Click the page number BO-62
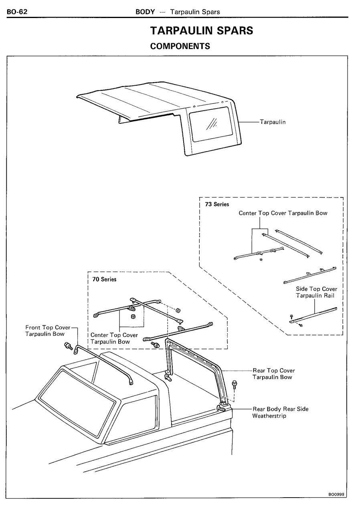coord(16,12)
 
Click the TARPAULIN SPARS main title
coord(202,30)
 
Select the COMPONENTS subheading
coord(180,46)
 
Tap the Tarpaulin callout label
coord(273,122)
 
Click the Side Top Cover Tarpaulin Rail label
coord(316,292)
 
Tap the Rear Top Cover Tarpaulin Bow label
coord(273,374)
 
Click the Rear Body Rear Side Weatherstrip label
coord(280,412)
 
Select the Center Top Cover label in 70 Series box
coord(114,338)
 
